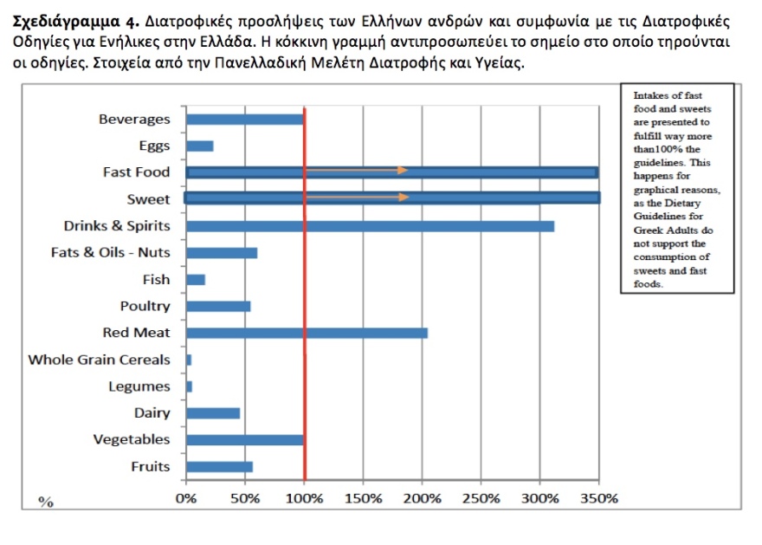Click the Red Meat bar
(307, 333)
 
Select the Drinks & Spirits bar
(370, 226)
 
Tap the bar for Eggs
(200, 146)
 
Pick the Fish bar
(196, 279)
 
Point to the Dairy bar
(213, 412)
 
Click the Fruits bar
(219, 466)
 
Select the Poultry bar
(218, 306)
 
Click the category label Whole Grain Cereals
(99, 360)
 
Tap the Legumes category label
(139, 386)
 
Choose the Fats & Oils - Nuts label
(111, 253)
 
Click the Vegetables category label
(132, 439)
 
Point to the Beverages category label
(134, 120)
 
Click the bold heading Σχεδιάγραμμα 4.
(73, 20)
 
